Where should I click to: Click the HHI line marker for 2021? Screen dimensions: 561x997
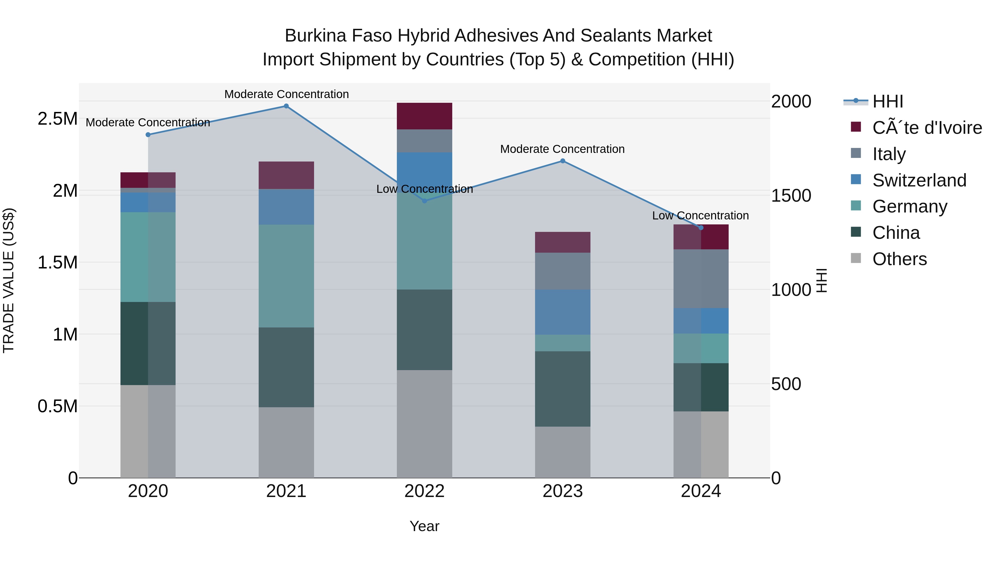286,106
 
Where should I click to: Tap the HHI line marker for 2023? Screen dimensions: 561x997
563,161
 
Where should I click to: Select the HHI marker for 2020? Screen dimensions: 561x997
148,135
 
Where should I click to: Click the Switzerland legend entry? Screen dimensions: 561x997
919,180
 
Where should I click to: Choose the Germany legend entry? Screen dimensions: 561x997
909,206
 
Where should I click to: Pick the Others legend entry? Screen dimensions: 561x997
900,259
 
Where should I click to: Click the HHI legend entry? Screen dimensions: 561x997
888,101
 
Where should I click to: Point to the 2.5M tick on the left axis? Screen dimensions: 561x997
57,119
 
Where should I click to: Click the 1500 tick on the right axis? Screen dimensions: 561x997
791,196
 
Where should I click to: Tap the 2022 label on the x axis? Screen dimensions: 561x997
424,491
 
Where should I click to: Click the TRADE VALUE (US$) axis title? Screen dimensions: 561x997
9,280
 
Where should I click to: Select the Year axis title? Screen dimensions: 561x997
424,526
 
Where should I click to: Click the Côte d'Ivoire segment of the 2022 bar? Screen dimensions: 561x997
424,116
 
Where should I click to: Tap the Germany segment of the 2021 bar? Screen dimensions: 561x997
286,276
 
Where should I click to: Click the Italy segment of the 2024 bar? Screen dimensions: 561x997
701,279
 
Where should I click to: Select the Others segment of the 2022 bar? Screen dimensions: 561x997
424,424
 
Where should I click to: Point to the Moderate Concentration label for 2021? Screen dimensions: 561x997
286,94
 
